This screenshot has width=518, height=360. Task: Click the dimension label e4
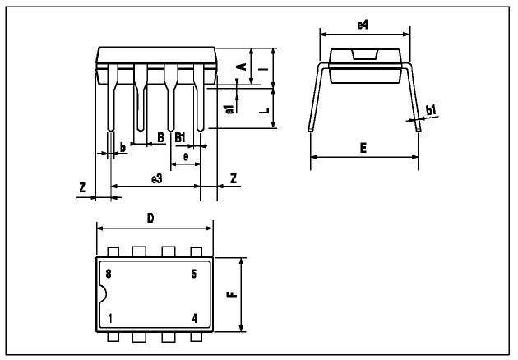pyautogui.click(x=362, y=25)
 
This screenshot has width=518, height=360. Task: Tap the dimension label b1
pyautogui.click(x=430, y=109)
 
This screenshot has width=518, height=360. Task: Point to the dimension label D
pyautogui.click(x=150, y=218)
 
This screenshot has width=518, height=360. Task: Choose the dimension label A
pyautogui.click(x=241, y=66)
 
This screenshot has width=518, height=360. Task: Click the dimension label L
pyautogui.click(x=262, y=107)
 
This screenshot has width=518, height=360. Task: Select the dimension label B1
pyautogui.click(x=179, y=137)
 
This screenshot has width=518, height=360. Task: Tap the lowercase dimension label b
pyautogui.click(x=123, y=147)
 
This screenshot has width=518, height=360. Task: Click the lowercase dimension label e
pyautogui.click(x=186, y=155)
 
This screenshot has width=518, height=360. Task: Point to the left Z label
pyautogui.click(x=82, y=188)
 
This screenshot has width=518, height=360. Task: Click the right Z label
pyautogui.click(x=234, y=178)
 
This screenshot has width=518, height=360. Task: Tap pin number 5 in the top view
pyautogui.click(x=194, y=274)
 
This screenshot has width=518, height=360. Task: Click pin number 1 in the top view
pyautogui.click(x=109, y=317)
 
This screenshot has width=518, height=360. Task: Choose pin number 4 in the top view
pyautogui.click(x=195, y=317)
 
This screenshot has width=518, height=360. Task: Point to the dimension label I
pyautogui.click(x=262, y=69)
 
